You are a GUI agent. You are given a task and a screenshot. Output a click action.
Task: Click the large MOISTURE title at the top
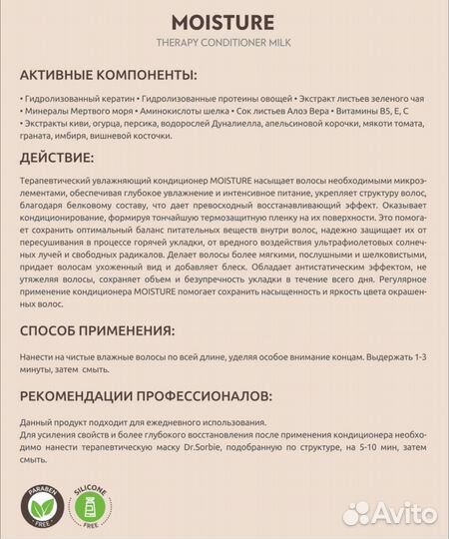[x=224, y=22]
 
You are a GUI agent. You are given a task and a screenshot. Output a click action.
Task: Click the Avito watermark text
[x=398, y=514]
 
